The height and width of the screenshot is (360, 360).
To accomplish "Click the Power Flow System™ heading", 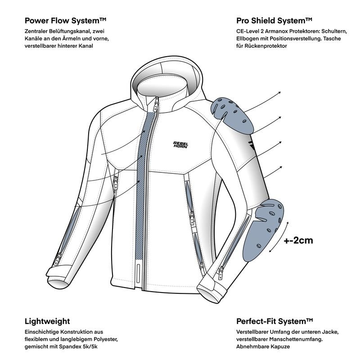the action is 65,21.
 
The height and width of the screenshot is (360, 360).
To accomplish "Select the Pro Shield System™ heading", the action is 274,21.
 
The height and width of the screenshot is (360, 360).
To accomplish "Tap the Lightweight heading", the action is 47,321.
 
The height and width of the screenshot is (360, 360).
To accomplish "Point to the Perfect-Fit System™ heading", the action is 274,321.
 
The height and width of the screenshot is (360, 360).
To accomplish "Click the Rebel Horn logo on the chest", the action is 180,144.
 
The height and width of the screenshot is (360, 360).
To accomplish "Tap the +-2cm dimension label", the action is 298,240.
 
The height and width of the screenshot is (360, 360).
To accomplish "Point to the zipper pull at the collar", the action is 156,104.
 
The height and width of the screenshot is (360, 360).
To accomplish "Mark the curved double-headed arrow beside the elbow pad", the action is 279,237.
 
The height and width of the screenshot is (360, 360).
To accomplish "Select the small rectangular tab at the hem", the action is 138,274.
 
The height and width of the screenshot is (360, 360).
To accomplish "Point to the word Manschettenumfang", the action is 296,339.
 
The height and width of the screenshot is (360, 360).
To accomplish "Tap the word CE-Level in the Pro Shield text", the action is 248,31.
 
